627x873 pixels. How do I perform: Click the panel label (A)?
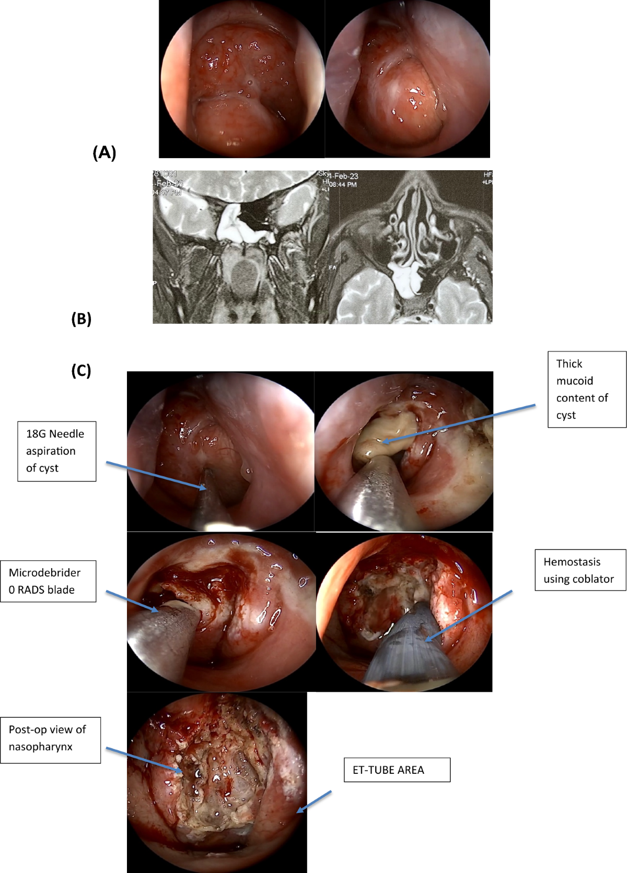104,152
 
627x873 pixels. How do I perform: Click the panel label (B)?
81,318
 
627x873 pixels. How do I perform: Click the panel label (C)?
81,370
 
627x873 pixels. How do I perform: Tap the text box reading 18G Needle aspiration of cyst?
56,451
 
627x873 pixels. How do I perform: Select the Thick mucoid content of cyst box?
586,390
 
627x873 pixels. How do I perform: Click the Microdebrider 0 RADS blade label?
48,581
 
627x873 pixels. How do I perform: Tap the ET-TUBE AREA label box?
397,770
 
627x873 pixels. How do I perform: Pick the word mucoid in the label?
574,381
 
